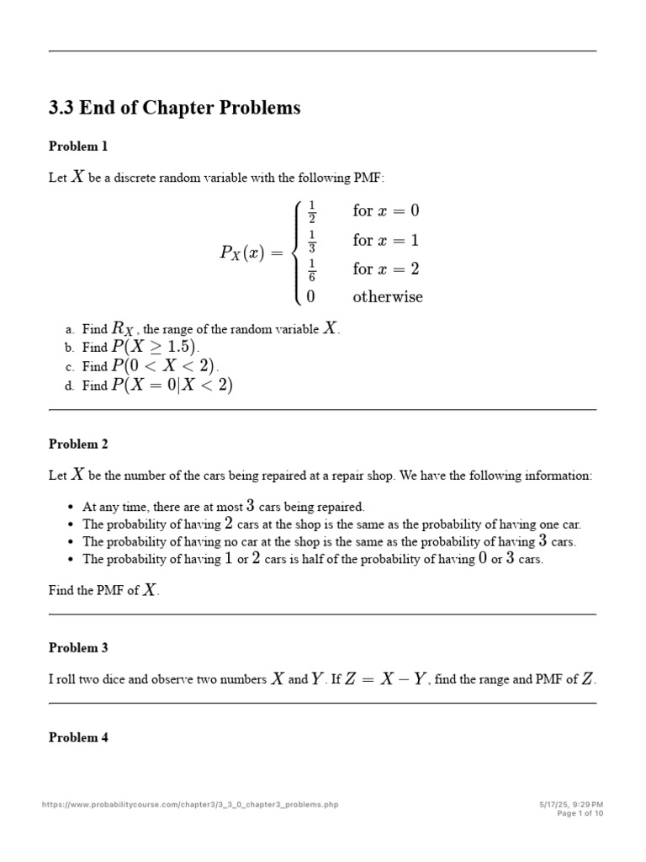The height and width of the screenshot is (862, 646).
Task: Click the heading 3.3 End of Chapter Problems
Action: click(x=174, y=109)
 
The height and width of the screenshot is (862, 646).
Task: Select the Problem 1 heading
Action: click(x=78, y=146)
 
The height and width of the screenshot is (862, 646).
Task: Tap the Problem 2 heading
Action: click(x=78, y=444)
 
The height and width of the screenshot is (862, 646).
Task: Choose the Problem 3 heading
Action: click(x=78, y=648)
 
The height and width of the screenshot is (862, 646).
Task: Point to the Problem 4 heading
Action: click(x=78, y=737)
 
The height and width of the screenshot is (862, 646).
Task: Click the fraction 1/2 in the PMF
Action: click(x=311, y=211)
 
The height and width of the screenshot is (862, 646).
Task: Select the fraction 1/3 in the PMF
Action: click(x=311, y=241)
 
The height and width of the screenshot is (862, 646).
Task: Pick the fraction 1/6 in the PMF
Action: click(x=311, y=269)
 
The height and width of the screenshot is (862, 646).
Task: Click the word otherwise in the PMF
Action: click(x=388, y=297)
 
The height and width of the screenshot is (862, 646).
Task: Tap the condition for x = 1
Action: click(x=385, y=241)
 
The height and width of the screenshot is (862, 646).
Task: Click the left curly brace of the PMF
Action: click(x=297, y=253)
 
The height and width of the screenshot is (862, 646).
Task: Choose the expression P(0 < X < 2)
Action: click(x=164, y=366)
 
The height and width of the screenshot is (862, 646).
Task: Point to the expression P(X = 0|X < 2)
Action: click(x=172, y=386)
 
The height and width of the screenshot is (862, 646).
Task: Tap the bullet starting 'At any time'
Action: click(x=223, y=507)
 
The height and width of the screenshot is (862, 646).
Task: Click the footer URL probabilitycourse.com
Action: click(x=190, y=805)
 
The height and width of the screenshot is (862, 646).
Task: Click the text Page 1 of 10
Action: click(x=580, y=813)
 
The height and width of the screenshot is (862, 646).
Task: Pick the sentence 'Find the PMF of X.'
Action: click(x=103, y=591)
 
